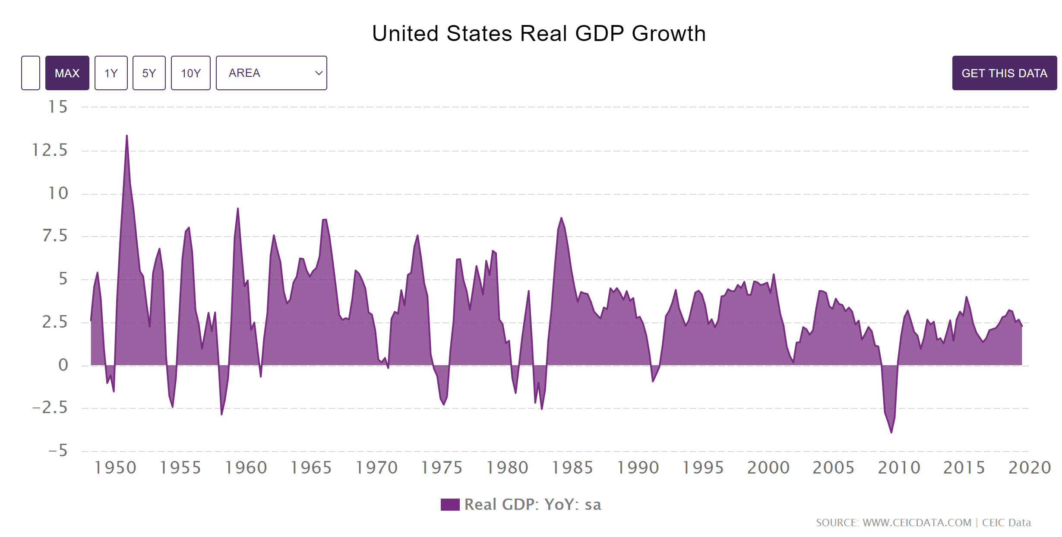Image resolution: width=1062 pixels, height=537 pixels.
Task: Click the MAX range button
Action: [x=67, y=73]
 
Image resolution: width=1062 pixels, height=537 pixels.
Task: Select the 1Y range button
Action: [x=111, y=73]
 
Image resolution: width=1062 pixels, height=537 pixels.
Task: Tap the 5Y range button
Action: [x=149, y=73]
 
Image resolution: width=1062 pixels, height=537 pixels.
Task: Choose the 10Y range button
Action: [x=191, y=73]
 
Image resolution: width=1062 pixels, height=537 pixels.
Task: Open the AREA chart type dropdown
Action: [x=271, y=73]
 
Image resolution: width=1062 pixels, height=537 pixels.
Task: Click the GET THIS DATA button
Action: [x=1004, y=73]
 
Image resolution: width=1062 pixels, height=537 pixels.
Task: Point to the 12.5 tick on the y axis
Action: [x=50, y=150]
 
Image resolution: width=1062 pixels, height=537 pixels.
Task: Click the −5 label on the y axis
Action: [x=58, y=451]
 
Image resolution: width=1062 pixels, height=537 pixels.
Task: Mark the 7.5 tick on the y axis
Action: [x=55, y=236]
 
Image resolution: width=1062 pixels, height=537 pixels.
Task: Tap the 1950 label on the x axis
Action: [x=115, y=468]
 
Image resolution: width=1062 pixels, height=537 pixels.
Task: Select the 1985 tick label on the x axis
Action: [x=572, y=468]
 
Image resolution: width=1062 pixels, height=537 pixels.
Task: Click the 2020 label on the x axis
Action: [x=1030, y=468]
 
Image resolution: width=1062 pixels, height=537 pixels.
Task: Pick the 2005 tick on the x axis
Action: [x=834, y=468]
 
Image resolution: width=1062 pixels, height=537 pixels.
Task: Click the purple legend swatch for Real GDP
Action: [x=450, y=505]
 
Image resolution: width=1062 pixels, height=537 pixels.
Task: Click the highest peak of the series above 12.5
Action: [x=126, y=136]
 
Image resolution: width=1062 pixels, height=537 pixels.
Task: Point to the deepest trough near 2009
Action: [x=891, y=432]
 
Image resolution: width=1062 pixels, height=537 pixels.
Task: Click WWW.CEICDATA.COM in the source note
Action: [x=917, y=523]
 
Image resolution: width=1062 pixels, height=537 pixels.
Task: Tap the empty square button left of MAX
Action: [x=31, y=73]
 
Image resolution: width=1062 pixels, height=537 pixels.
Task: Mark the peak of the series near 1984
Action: [x=561, y=218]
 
